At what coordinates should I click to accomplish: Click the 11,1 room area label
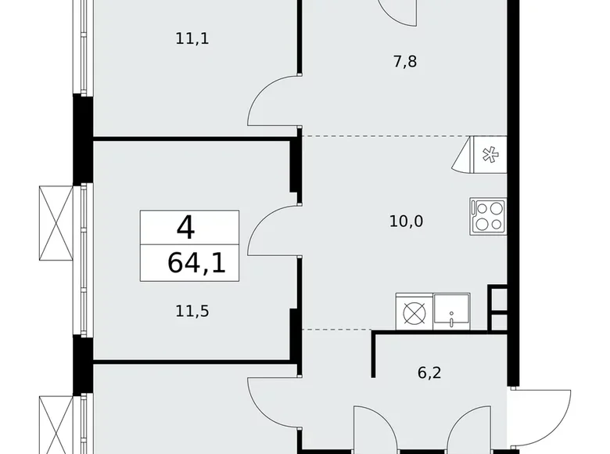click(x=192, y=38)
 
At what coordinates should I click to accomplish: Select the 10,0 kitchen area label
click(x=406, y=221)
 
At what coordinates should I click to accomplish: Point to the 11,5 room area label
click(x=192, y=311)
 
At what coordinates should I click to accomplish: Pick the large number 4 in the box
click(x=185, y=228)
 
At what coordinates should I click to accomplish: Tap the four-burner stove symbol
click(x=488, y=215)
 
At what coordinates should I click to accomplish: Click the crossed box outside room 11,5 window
click(x=56, y=223)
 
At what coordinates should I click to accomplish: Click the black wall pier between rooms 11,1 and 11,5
click(x=82, y=139)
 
